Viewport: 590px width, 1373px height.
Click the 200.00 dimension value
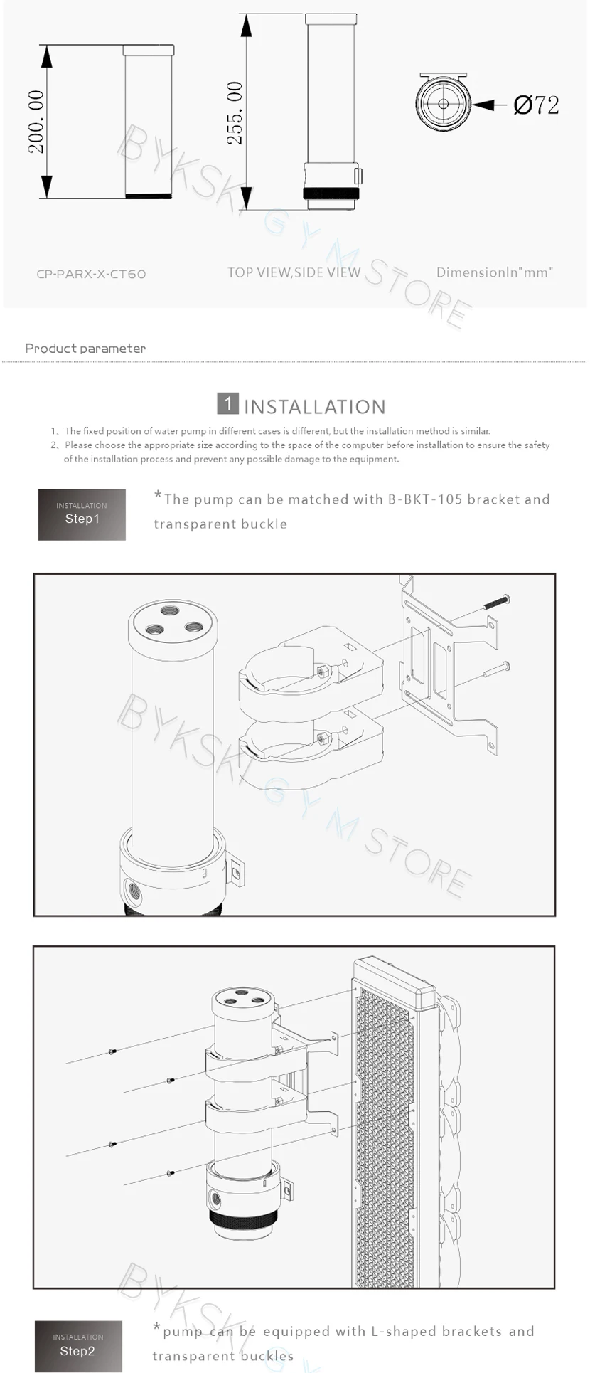click(x=36, y=122)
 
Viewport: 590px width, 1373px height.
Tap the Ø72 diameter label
click(x=536, y=105)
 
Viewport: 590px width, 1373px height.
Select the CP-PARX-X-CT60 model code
click(x=91, y=274)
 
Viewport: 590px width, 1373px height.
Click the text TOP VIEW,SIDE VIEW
click(x=294, y=272)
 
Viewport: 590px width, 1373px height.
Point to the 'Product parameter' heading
click(x=85, y=348)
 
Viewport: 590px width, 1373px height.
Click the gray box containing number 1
click(x=227, y=403)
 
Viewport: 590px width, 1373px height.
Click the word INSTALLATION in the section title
click(x=315, y=407)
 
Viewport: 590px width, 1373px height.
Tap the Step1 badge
click(x=82, y=514)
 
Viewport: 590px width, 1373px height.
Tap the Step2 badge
click(x=78, y=1346)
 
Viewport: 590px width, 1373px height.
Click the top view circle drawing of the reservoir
click(x=444, y=104)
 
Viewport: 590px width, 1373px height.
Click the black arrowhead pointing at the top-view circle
click(x=484, y=105)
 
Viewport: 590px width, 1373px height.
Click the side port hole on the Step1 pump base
click(x=132, y=890)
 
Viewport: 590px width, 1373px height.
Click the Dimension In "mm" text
click(x=494, y=272)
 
